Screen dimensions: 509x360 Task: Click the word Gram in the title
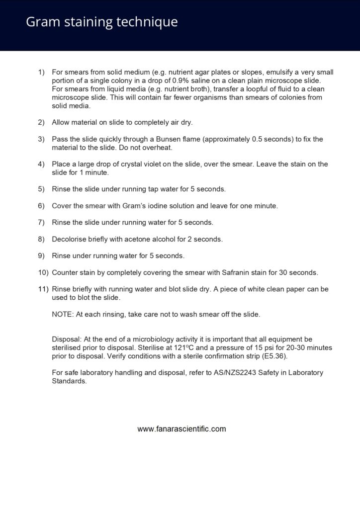(x=41, y=22)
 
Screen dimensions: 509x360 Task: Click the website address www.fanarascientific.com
(x=181, y=428)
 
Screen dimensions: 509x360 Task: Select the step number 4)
(x=41, y=164)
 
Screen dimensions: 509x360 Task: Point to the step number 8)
(x=41, y=239)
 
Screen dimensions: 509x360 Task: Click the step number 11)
(x=43, y=289)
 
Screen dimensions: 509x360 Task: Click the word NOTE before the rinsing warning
(x=62, y=314)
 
